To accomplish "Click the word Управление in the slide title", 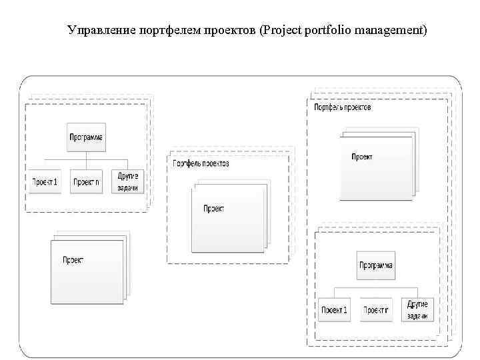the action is [x=100, y=31].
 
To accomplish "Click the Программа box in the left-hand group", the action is [x=87, y=138].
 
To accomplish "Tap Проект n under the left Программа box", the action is [x=87, y=181].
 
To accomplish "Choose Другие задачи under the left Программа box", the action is [x=127, y=181].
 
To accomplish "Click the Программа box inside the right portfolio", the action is [x=376, y=265].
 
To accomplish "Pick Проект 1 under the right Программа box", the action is [x=334, y=310].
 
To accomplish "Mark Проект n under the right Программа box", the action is [x=376, y=310].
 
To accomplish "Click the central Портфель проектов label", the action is [x=201, y=163].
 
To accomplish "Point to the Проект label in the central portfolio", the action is [x=213, y=209].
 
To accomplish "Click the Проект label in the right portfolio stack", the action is [x=362, y=157].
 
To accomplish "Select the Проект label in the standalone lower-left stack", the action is [x=73, y=260].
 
